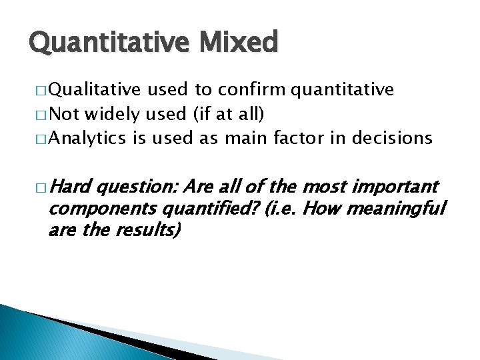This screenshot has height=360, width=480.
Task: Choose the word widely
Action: pyautogui.click(x=111, y=114)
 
